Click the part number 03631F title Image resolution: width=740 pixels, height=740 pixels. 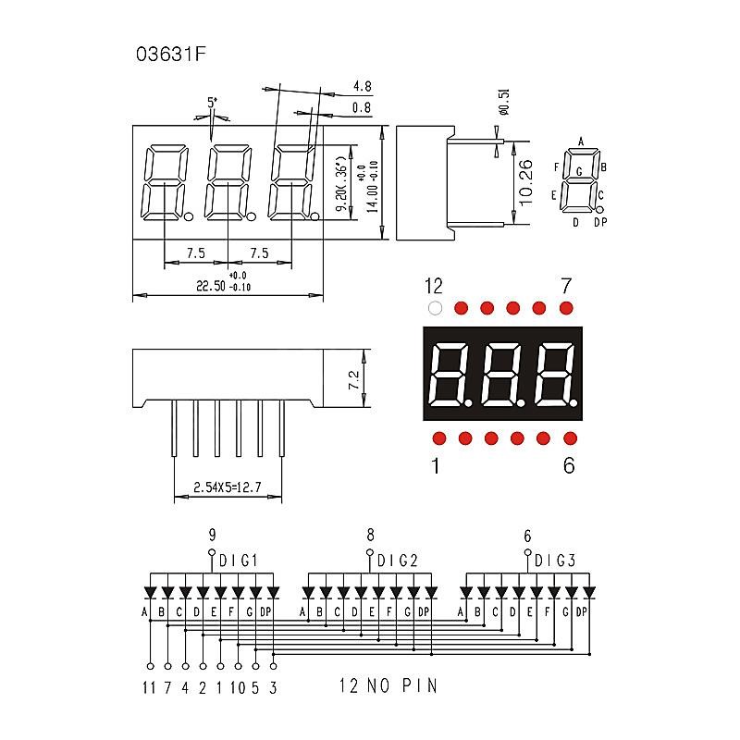click(x=170, y=54)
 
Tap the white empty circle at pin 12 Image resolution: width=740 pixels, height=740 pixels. click(x=435, y=307)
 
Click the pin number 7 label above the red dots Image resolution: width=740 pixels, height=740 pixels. click(x=567, y=285)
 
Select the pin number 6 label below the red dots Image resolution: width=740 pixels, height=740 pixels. click(x=568, y=465)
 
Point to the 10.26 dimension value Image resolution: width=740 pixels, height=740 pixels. click(x=524, y=181)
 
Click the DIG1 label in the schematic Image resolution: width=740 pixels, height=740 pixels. click(x=239, y=561)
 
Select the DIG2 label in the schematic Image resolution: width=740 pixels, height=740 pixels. click(x=399, y=561)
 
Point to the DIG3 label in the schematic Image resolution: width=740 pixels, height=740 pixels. click(x=555, y=561)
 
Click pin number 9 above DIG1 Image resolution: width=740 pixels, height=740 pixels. click(x=212, y=535)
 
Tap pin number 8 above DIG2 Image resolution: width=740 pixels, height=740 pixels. click(x=370, y=535)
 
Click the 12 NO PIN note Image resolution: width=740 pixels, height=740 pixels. click(x=388, y=686)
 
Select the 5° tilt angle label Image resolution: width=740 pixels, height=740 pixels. click(x=213, y=103)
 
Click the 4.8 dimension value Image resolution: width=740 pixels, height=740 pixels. click(x=362, y=87)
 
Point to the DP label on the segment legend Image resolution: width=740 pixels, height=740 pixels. click(x=600, y=222)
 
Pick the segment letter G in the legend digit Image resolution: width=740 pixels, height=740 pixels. click(x=579, y=172)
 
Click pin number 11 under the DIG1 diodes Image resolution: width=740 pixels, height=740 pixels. click(x=149, y=686)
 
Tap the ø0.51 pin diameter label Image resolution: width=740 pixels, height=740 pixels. click(x=504, y=102)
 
